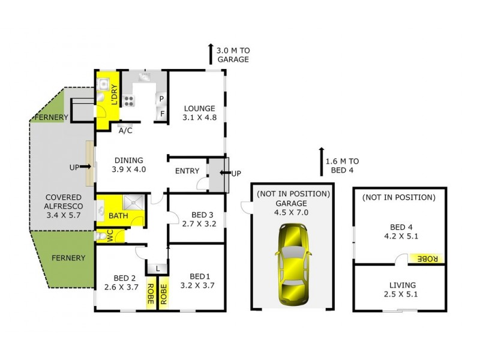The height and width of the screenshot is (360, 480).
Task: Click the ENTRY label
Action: pos(187,171)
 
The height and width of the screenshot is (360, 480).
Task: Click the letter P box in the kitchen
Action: pos(162,98)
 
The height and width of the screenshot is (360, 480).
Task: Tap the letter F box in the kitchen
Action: pos(162,113)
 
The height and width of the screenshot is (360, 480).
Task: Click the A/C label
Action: pos(125,130)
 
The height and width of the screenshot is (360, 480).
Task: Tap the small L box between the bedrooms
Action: pos(157,268)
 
